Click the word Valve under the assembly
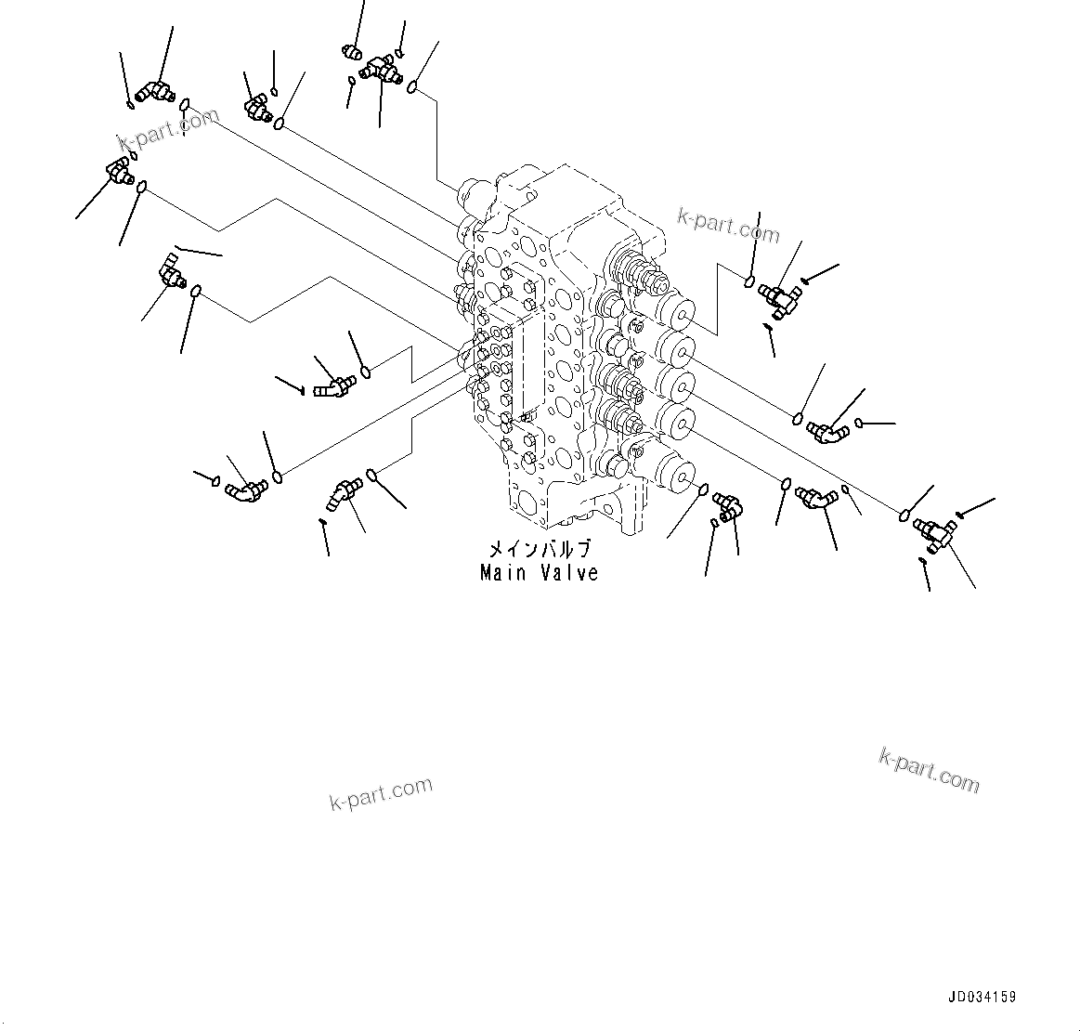569,573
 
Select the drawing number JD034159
982,998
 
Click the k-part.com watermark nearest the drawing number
929,770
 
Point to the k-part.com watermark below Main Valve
381,793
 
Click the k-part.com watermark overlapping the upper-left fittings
168,130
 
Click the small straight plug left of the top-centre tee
352,53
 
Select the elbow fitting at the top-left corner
150,91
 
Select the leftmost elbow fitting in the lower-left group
243,489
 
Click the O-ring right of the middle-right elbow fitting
861,424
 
